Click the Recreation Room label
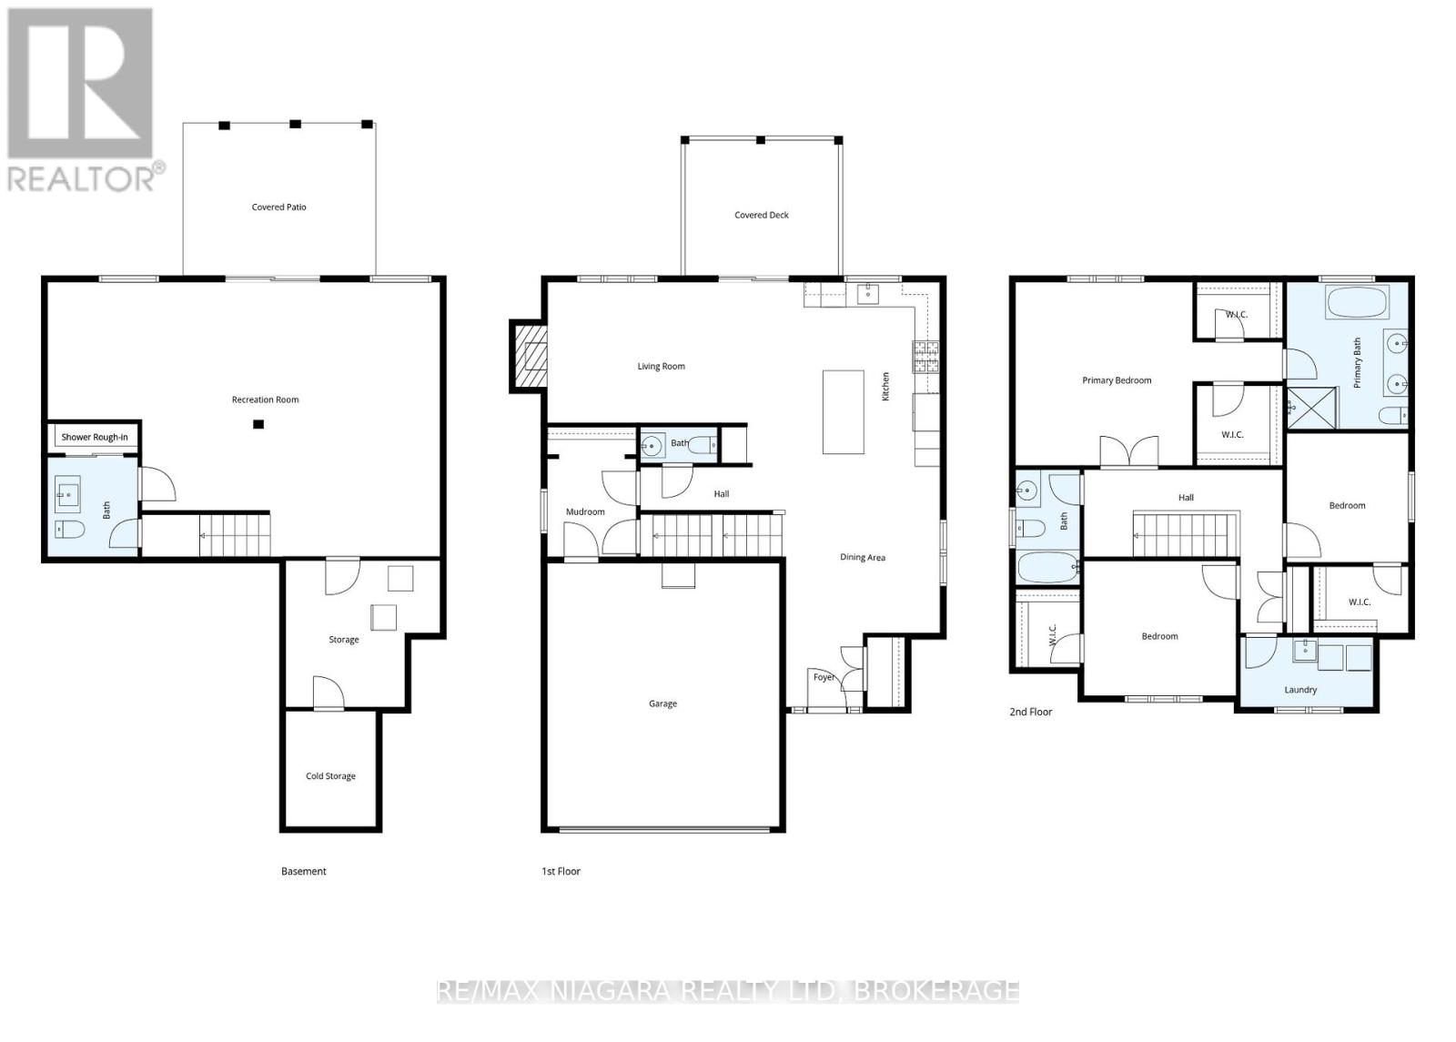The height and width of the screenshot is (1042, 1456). pyautogui.click(x=265, y=400)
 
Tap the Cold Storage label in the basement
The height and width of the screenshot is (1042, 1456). pyautogui.click(x=330, y=776)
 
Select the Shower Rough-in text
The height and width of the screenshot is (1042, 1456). pyautogui.click(x=95, y=438)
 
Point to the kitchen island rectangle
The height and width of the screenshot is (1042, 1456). pyautogui.click(x=843, y=411)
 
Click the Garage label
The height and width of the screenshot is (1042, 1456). pyautogui.click(x=662, y=703)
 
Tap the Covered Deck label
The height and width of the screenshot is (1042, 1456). pyautogui.click(x=762, y=216)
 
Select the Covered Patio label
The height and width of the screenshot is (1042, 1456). pyautogui.click(x=279, y=207)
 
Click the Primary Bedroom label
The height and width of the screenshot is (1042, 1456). pyautogui.click(x=1117, y=380)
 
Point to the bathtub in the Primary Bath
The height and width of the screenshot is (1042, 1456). pyautogui.click(x=1354, y=302)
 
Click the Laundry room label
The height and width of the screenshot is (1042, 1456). pyautogui.click(x=1300, y=690)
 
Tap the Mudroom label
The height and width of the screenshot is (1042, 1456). pyautogui.click(x=585, y=512)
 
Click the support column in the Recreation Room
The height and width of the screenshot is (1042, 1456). pyautogui.click(x=258, y=424)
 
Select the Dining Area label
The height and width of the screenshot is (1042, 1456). pyautogui.click(x=862, y=558)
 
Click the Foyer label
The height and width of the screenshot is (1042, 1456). pyautogui.click(x=824, y=677)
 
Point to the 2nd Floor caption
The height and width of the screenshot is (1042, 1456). pyautogui.click(x=1030, y=712)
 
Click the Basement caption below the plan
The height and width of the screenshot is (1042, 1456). pyautogui.click(x=303, y=871)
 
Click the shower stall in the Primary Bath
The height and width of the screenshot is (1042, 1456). pyautogui.click(x=1311, y=409)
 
